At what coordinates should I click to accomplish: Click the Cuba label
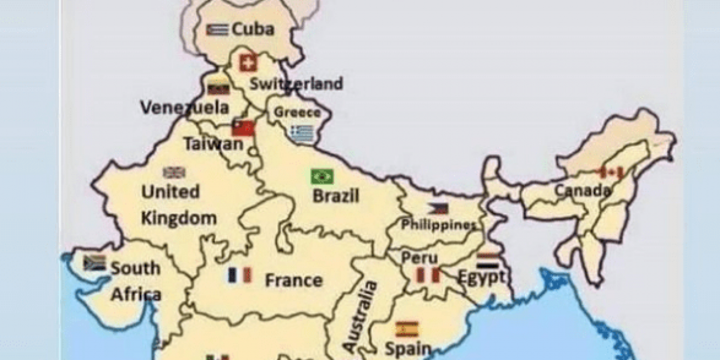click(253, 29)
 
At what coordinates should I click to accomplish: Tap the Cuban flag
click(216, 29)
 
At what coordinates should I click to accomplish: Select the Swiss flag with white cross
click(247, 62)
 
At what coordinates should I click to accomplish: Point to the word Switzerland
click(296, 83)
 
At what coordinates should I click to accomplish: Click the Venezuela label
click(184, 107)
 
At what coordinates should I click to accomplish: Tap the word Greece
click(297, 112)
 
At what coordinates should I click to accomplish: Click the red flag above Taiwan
click(243, 128)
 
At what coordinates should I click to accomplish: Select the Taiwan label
click(214, 144)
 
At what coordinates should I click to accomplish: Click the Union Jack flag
click(174, 173)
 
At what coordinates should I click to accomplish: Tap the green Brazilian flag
click(322, 176)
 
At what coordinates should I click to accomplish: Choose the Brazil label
click(336, 196)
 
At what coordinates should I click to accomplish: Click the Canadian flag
click(611, 173)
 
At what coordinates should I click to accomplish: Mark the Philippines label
click(438, 225)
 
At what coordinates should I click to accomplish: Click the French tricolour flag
click(240, 275)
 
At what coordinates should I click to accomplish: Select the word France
click(293, 280)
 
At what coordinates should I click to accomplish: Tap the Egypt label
click(481, 277)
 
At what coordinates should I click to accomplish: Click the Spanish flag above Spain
click(407, 329)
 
